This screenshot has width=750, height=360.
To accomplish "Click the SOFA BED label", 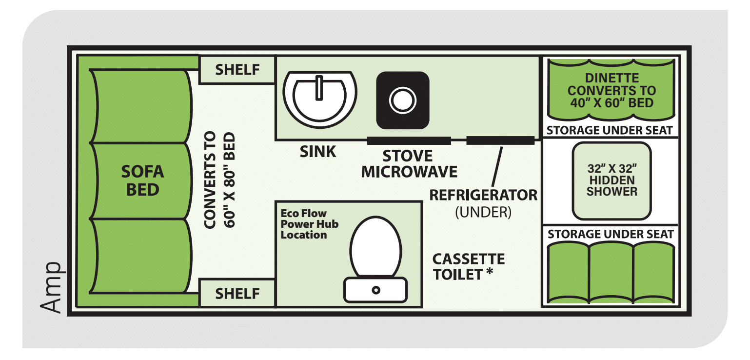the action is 142,181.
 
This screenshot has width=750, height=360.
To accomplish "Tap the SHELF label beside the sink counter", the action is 237,70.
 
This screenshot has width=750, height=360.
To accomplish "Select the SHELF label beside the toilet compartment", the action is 237,294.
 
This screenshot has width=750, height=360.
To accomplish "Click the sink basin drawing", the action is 320,99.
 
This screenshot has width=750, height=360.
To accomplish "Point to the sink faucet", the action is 319,88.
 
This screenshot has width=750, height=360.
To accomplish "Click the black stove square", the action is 403,100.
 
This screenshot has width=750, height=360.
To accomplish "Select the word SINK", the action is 318,152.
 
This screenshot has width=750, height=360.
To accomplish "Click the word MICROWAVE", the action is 409,172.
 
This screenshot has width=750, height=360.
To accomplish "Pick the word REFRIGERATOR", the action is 483,195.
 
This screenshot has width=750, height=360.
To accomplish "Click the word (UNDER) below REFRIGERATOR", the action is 483,212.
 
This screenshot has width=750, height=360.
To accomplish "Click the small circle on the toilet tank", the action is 376,290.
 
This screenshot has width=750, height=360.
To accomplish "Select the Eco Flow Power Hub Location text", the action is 309,224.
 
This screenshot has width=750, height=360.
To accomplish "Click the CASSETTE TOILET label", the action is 469,267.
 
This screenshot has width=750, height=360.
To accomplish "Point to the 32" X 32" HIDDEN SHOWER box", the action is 612,181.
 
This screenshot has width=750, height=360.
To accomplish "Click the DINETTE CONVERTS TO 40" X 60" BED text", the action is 612,90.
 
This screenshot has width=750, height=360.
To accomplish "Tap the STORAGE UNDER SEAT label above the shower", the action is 610,130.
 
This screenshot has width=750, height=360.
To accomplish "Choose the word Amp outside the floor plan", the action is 51,288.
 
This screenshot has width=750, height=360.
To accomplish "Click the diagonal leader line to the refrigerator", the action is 497,167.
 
